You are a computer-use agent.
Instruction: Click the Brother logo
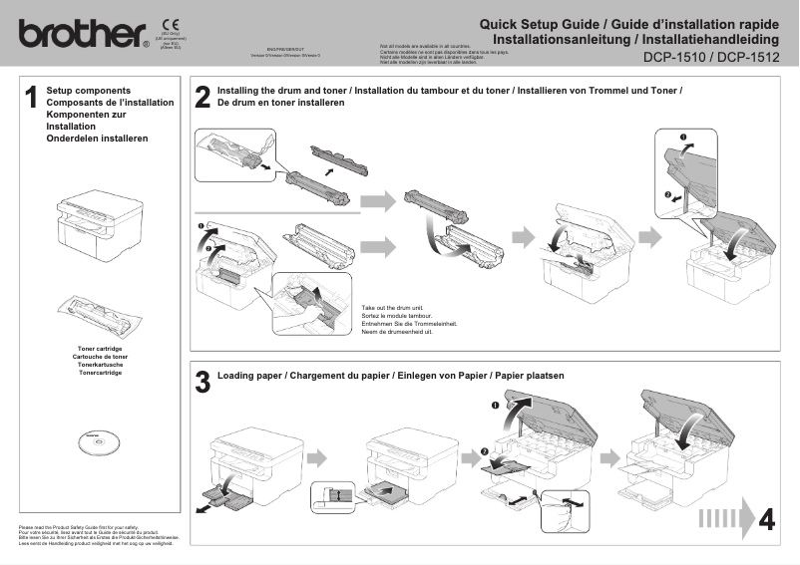(83, 35)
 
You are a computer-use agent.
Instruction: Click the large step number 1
(31, 97)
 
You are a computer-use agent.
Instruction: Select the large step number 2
(202, 97)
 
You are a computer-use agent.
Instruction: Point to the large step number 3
(202, 383)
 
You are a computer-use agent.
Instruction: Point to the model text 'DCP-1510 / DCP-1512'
(711, 58)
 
